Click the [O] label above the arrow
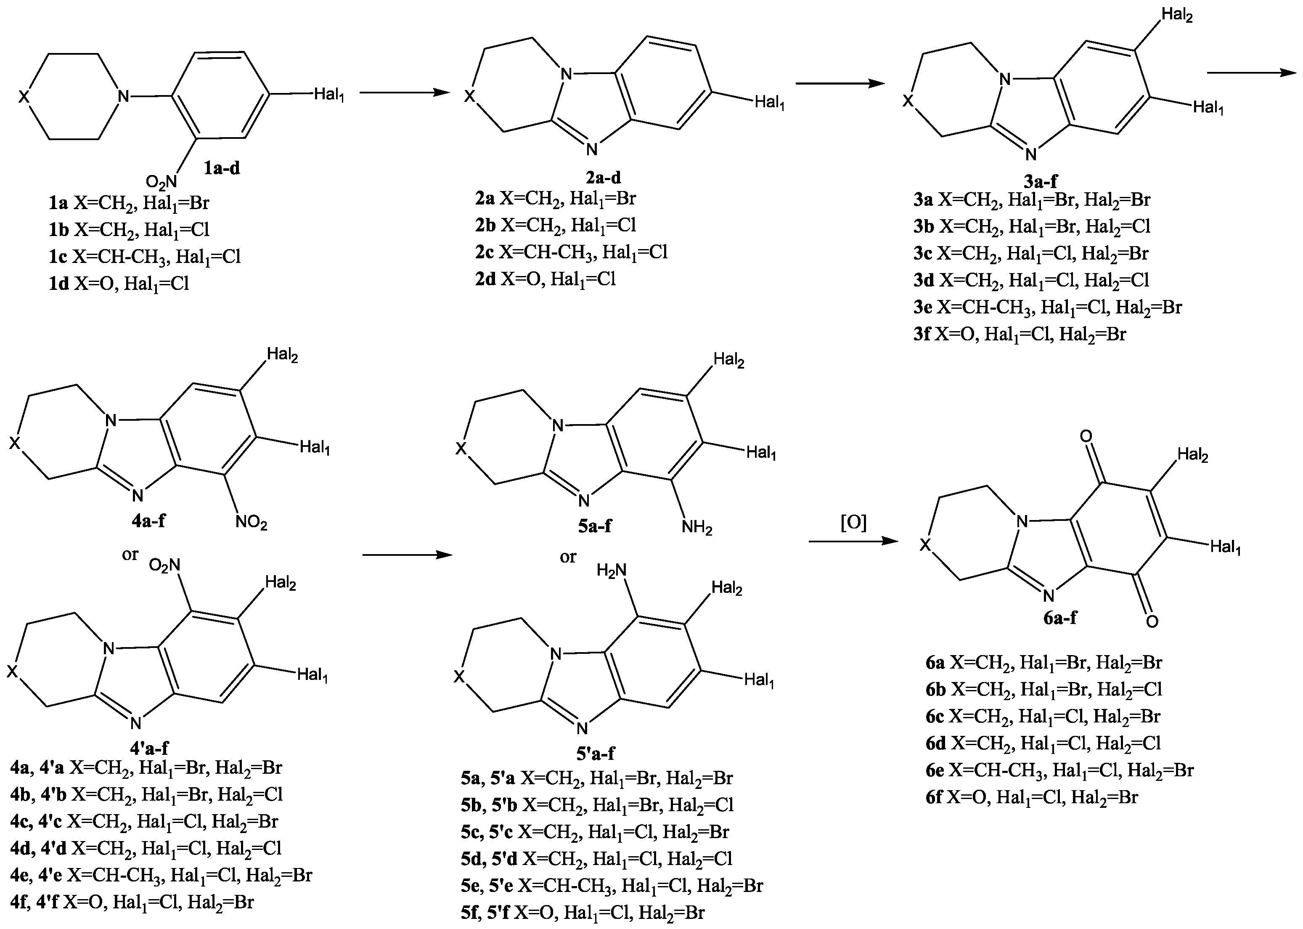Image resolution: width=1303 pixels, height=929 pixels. click(x=853, y=523)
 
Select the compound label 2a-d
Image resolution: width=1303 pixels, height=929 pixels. click(x=600, y=178)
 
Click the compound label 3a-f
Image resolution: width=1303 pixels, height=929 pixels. click(x=1040, y=181)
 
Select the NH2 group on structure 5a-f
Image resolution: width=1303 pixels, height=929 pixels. click(x=697, y=528)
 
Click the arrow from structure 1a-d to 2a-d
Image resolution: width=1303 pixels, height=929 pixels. click(x=404, y=92)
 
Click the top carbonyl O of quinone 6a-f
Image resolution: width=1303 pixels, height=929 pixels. click(x=1086, y=436)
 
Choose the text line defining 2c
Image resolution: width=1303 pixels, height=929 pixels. click(x=571, y=252)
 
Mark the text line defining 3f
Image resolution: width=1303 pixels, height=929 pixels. click(x=1020, y=334)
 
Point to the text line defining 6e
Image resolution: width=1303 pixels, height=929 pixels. click(x=1059, y=770)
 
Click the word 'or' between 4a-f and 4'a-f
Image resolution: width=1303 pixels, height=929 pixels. click(x=130, y=554)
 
